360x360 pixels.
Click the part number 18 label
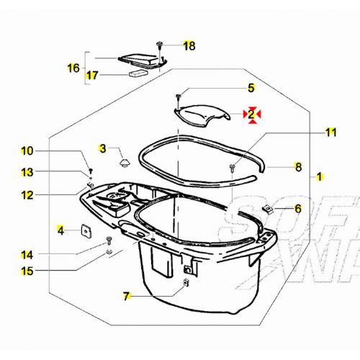[189, 45]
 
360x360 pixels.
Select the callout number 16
[73, 68]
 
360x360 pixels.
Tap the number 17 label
[93, 75]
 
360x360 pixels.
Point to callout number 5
[251, 88]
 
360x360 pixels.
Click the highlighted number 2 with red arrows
[252, 114]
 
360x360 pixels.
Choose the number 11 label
[330, 132]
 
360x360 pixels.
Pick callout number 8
[298, 167]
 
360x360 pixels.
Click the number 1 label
[320, 176]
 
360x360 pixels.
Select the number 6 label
[298, 208]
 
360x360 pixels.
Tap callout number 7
[126, 295]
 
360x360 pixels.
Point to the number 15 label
[27, 271]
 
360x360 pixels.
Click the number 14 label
[27, 255]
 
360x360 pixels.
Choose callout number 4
[61, 230]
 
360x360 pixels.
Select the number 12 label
[27, 194]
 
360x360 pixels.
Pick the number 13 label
[27, 172]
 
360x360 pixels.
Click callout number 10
[27, 151]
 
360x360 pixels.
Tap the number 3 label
[103, 148]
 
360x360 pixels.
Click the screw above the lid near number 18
[157, 45]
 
